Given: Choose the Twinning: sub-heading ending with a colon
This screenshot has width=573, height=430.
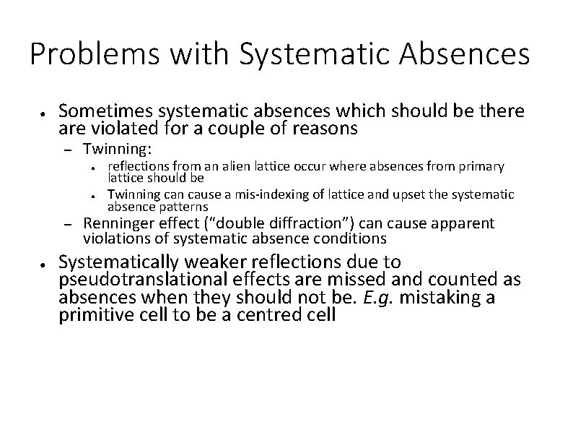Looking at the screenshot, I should (118, 150).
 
